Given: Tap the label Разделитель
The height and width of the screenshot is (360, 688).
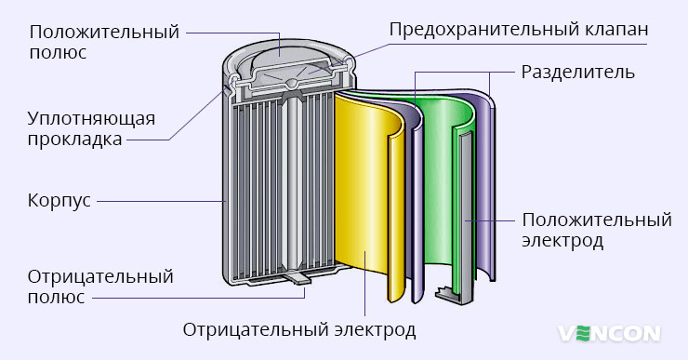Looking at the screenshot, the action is (x=578, y=72).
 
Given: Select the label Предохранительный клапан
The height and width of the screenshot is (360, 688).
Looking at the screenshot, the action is (x=518, y=30).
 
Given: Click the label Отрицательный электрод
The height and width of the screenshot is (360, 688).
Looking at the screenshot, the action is (x=298, y=330).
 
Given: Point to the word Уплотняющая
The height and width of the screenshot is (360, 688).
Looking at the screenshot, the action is (x=91, y=120).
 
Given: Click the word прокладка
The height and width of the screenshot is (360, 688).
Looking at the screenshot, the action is (x=74, y=140).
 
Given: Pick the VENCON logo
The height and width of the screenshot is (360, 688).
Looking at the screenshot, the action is (x=609, y=332).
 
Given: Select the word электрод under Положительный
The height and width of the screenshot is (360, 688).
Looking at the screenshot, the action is (x=563, y=241).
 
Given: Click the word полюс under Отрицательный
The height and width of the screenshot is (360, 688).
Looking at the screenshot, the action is (x=57, y=297).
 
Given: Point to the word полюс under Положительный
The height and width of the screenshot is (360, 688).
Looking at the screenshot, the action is (x=58, y=52).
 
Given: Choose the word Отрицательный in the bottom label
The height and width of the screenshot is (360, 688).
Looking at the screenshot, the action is (x=101, y=277).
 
